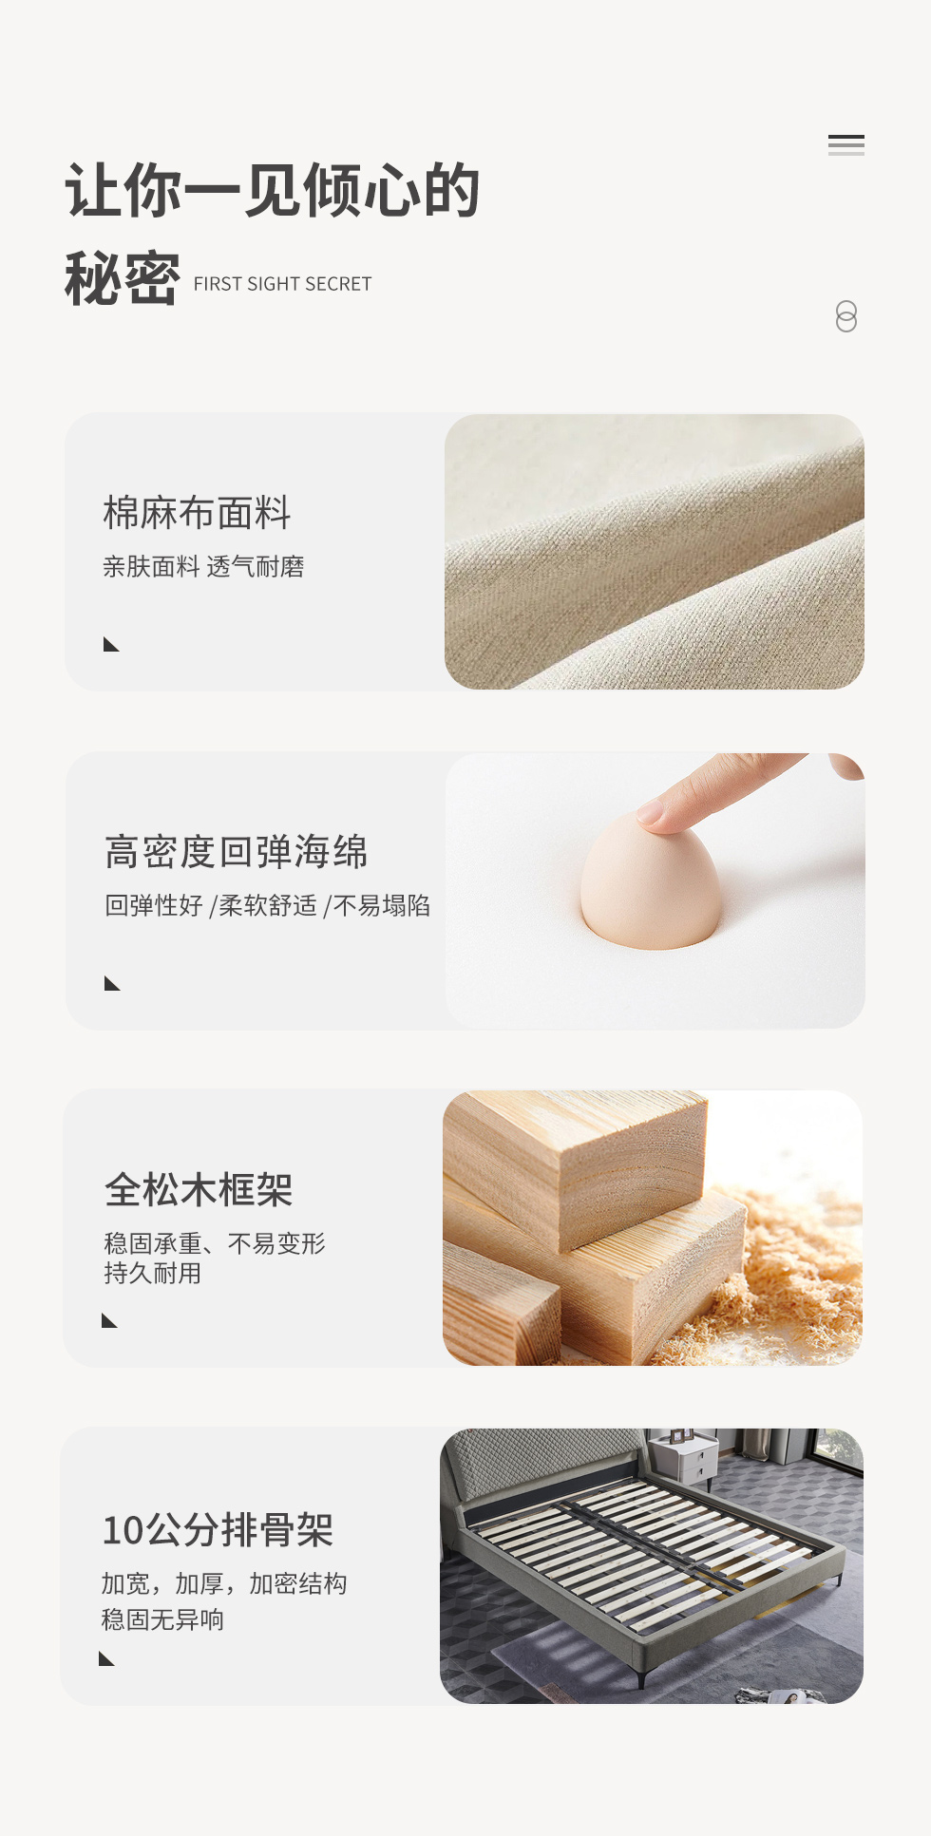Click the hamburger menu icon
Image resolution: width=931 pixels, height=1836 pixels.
845,145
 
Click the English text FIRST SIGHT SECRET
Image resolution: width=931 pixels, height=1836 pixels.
282,284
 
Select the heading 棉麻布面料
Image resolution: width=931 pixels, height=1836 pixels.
197,513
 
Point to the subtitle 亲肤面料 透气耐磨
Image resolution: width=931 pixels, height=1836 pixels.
203,567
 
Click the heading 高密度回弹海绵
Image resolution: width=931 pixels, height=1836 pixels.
236,852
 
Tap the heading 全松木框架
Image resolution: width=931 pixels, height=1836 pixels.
199,1189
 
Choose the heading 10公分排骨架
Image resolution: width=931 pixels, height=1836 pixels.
218,1530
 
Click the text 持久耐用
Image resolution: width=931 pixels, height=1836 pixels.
153,1273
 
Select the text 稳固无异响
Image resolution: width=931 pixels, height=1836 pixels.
162,1619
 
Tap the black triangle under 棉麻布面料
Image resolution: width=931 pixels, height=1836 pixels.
111,645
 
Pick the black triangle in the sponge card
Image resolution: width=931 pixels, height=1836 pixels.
112,983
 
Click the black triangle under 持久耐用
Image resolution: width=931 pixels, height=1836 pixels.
109,1320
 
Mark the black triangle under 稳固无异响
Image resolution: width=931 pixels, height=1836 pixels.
106,1658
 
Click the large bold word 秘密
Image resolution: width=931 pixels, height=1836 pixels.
122,279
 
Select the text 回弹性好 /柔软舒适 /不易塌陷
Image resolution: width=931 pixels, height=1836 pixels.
267,905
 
